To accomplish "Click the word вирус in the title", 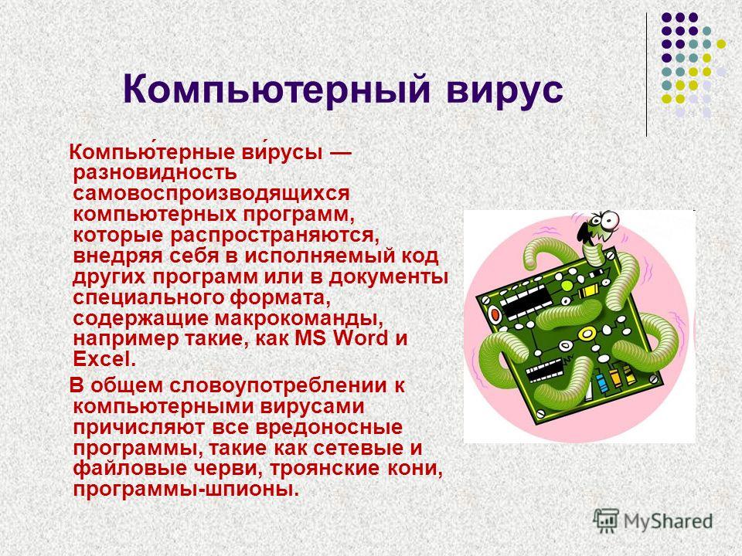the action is (505, 90).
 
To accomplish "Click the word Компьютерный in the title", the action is (277, 90).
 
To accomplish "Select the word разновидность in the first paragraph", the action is (155, 172).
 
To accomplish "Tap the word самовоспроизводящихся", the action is (212, 194).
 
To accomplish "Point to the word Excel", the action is (104, 359).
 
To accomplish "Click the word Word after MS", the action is (361, 338).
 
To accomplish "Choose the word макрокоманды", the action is (299, 319).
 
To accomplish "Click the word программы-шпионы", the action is (186, 490).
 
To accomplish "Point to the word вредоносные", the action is (329, 427).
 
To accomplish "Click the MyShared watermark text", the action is (668, 521).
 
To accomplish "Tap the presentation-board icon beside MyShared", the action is (606, 520).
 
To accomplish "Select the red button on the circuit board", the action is (495, 314).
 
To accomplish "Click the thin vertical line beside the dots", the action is (646, 75).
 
